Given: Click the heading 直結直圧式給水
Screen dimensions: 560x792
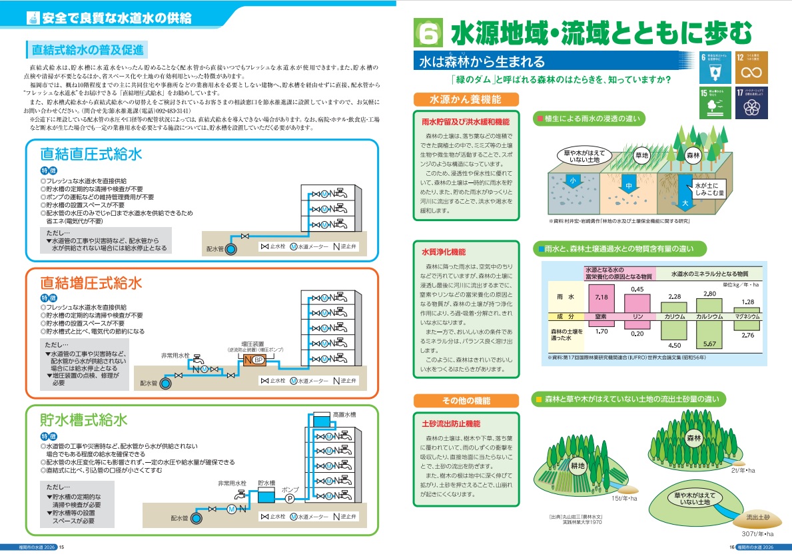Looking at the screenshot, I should click(91, 154).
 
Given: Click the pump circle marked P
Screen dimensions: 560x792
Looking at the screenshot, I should click(290, 497).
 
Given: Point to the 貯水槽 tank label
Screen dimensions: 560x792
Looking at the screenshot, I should click(266, 482).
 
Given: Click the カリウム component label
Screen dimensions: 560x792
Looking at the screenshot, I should click(674, 317).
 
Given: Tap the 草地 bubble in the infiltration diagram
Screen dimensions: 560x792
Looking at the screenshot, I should click(641, 155).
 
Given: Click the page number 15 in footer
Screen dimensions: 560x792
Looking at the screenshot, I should click(62, 548).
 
